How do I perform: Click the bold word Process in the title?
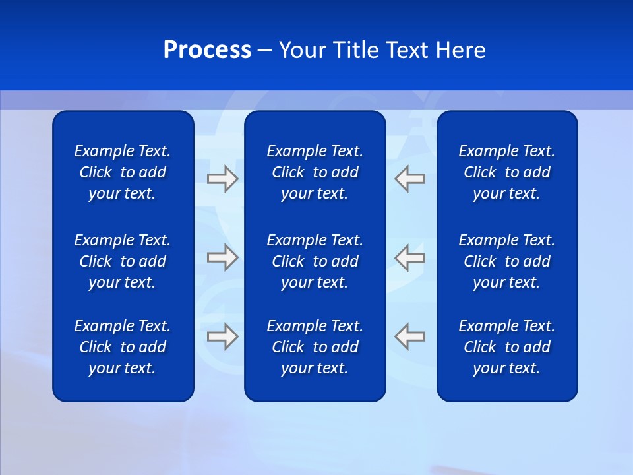[207, 50]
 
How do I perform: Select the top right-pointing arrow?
[222, 179]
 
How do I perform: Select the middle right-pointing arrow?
[222, 257]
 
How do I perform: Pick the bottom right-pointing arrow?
[222, 336]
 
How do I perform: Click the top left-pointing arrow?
[410, 179]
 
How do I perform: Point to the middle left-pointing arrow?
[410, 257]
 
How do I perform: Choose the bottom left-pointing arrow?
[410, 336]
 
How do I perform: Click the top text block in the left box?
[123, 172]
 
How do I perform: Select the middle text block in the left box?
[123, 261]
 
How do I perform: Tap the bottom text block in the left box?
[123, 347]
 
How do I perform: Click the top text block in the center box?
[315, 172]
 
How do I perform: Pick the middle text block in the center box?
[315, 261]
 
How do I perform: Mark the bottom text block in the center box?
[315, 347]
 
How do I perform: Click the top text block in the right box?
[506, 172]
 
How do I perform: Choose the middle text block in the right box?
[506, 261]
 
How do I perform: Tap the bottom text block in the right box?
[506, 347]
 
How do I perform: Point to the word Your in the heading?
[302, 50]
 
